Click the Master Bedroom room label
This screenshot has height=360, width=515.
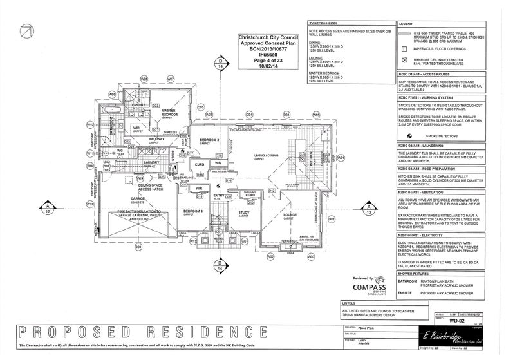[169, 112]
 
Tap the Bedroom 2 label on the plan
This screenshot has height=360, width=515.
[210, 140]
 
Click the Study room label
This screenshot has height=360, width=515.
[244, 212]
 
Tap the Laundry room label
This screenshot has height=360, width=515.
[151, 162]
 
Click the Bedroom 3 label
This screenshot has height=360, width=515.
[193, 211]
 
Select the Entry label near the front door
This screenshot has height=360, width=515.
[218, 195]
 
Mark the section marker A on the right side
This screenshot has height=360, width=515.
[368, 207]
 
